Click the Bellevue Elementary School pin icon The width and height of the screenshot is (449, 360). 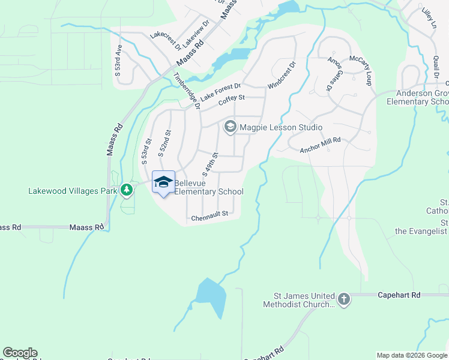(x=163, y=182)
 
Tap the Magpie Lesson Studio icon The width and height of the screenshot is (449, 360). (x=230, y=127)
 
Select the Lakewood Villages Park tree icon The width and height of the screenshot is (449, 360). (x=126, y=191)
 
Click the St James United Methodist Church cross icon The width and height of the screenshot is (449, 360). (x=343, y=299)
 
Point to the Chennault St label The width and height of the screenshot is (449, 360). (x=210, y=214)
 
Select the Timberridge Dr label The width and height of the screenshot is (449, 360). (x=185, y=91)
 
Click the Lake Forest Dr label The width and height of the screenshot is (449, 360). (x=220, y=92)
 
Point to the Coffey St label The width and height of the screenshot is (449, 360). (x=232, y=101)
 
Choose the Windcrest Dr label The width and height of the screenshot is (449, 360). (x=282, y=75)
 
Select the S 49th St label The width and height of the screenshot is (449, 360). (x=209, y=164)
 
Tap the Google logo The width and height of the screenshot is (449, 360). (x=20, y=353)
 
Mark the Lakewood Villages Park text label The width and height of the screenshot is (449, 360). (x=73, y=192)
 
